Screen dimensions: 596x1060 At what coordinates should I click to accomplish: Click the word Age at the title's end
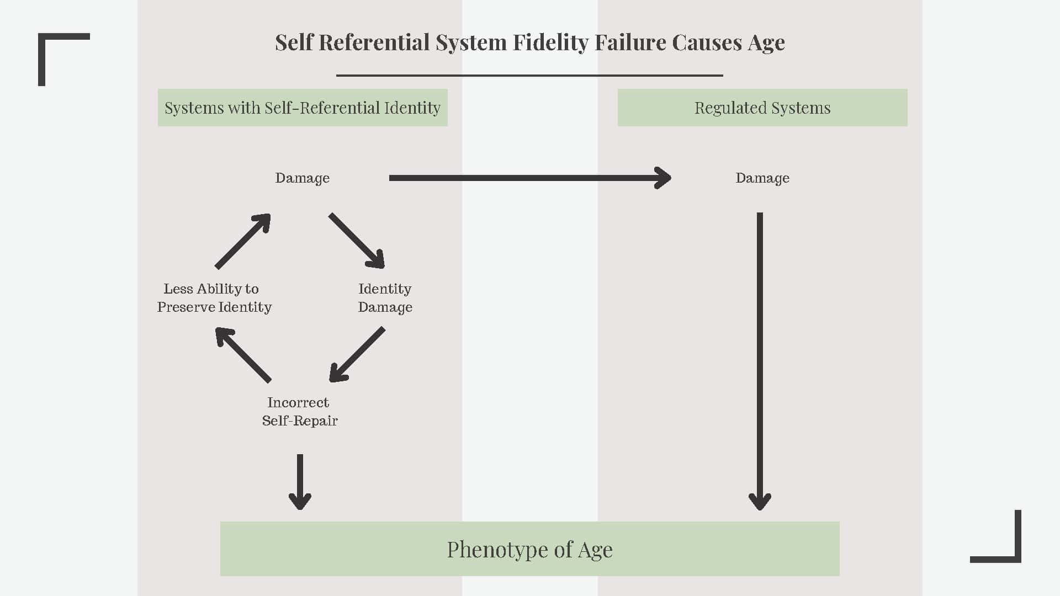766,42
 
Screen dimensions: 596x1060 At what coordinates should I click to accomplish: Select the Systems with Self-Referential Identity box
303,108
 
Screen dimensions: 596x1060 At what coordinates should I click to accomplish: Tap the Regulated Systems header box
762,108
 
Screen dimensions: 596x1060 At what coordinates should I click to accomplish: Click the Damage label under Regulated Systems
762,178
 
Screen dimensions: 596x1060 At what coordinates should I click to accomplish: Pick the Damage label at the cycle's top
303,178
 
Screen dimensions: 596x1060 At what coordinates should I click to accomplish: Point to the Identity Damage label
385,298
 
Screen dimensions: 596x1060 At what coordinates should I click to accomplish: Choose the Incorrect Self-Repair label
300,412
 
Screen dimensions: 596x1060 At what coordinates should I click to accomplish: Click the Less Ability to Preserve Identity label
214,298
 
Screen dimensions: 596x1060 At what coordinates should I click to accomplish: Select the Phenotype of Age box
529,549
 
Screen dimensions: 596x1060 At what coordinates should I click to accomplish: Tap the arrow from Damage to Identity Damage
356,241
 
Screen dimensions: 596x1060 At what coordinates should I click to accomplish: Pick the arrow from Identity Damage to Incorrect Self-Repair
357,354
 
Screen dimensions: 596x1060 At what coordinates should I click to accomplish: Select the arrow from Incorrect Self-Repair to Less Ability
243,355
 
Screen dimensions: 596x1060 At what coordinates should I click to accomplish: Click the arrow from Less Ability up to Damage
242,241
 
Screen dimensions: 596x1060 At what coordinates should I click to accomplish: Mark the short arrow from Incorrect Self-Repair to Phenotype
300,481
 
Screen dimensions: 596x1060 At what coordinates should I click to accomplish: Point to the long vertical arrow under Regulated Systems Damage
760,359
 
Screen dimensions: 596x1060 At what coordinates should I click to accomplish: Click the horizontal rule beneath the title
529,75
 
